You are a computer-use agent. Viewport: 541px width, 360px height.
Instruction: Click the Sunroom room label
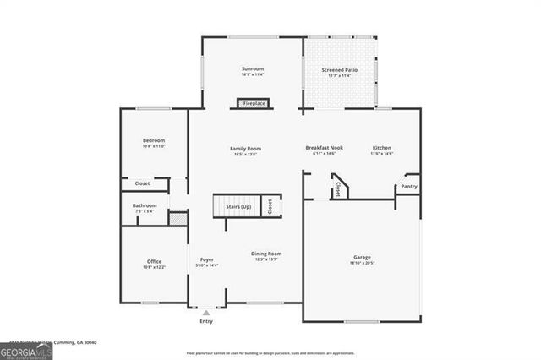point(253,68)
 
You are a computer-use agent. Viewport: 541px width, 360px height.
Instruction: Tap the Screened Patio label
point(339,69)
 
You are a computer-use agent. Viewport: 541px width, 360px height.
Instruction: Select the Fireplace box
point(254,103)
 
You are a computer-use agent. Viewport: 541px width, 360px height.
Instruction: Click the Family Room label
point(245,148)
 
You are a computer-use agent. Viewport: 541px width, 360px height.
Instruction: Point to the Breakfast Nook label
point(324,148)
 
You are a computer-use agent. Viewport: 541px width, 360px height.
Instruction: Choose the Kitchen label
point(382,148)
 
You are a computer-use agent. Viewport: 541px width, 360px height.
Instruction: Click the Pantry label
point(409,186)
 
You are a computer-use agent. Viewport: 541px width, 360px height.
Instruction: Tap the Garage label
point(362,257)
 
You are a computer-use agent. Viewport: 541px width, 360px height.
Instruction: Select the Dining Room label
point(265,254)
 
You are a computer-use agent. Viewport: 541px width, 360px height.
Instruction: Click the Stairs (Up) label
point(238,206)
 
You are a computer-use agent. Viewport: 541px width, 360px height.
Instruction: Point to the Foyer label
point(206,259)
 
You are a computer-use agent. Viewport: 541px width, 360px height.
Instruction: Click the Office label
point(154,261)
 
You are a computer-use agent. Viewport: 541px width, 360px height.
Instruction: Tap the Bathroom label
point(144,205)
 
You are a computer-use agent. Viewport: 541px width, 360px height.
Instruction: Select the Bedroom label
point(153,140)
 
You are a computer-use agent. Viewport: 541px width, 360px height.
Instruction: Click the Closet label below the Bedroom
point(142,183)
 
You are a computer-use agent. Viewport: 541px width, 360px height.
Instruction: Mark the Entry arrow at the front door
point(206,313)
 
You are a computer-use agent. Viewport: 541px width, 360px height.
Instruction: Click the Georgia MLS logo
point(26,351)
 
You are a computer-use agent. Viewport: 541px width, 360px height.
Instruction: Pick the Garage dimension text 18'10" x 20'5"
point(362,263)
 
